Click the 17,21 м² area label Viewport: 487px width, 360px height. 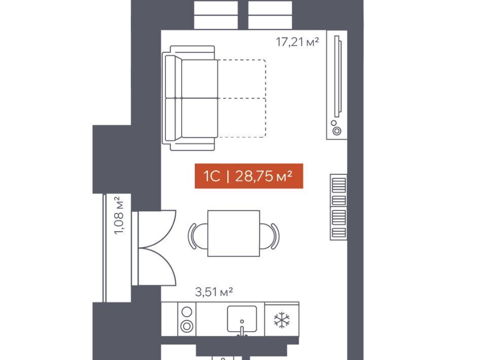point(297,42)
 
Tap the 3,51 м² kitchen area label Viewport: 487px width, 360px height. point(214,292)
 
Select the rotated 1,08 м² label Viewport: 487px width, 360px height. point(118,215)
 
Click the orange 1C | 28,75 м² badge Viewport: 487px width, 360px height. point(249,176)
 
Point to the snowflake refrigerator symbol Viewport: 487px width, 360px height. point(282,320)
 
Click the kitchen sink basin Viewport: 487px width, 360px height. point(242,319)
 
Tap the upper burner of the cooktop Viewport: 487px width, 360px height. point(187,312)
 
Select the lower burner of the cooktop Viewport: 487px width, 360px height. point(187,326)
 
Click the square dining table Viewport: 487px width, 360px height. point(233,233)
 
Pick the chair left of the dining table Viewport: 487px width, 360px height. point(196,236)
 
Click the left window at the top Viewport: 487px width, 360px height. point(216,15)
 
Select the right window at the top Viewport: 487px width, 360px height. point(270,15)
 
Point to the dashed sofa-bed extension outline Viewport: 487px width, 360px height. point(266,98)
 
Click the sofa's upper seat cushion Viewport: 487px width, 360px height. point(199,79)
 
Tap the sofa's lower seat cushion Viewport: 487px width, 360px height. point(199,118)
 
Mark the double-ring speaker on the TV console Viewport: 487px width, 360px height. point(337,131)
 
